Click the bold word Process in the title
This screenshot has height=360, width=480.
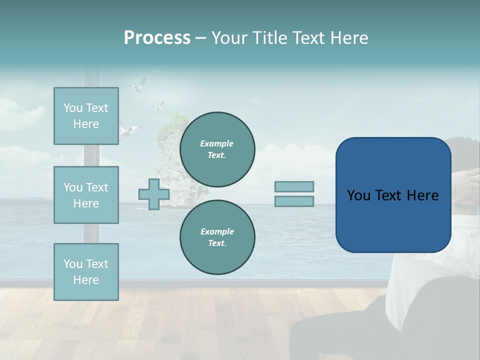tap(157, 38)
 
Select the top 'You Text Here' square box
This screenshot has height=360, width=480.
tap(86, 116)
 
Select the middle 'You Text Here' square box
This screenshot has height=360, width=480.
tap(86, 195)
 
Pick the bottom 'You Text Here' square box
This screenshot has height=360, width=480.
tap(86, 272)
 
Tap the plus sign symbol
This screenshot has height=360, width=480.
tap(154, 194)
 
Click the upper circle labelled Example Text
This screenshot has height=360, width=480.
tap(217, 149)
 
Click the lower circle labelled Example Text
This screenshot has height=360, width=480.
tap(217, 237)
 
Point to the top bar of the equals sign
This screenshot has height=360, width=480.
tap(294, 187)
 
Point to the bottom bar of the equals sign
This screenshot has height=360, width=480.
tap(294, 201)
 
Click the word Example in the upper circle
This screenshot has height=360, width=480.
tap(217, 143)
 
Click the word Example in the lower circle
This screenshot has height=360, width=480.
tap(217, 231)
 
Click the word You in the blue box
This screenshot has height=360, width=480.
tap(358, 195)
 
